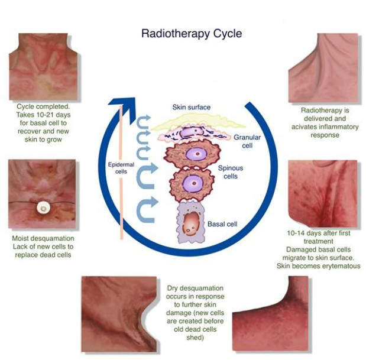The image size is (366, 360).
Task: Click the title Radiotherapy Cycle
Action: click(x=191, y=33)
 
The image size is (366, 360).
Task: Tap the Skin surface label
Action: click(x=191, y=107)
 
